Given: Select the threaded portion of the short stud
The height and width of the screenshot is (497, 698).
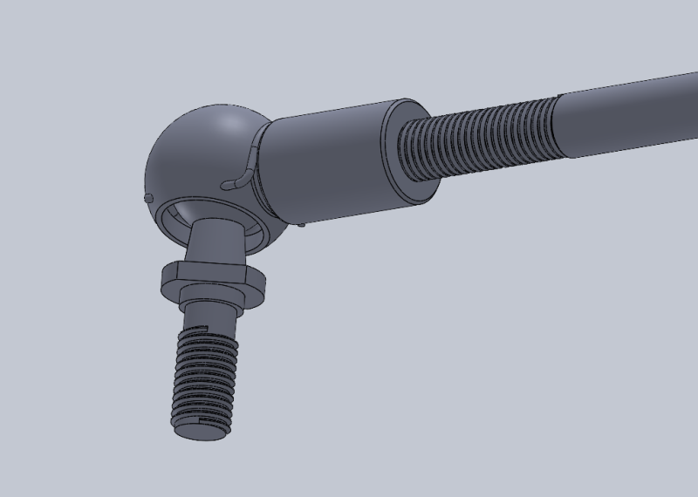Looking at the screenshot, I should (x=204, y=375).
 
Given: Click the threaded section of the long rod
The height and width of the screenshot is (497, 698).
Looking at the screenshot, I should (x=480, y=135).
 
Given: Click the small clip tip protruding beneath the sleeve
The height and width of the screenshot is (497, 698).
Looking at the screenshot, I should (x=301, y=224).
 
